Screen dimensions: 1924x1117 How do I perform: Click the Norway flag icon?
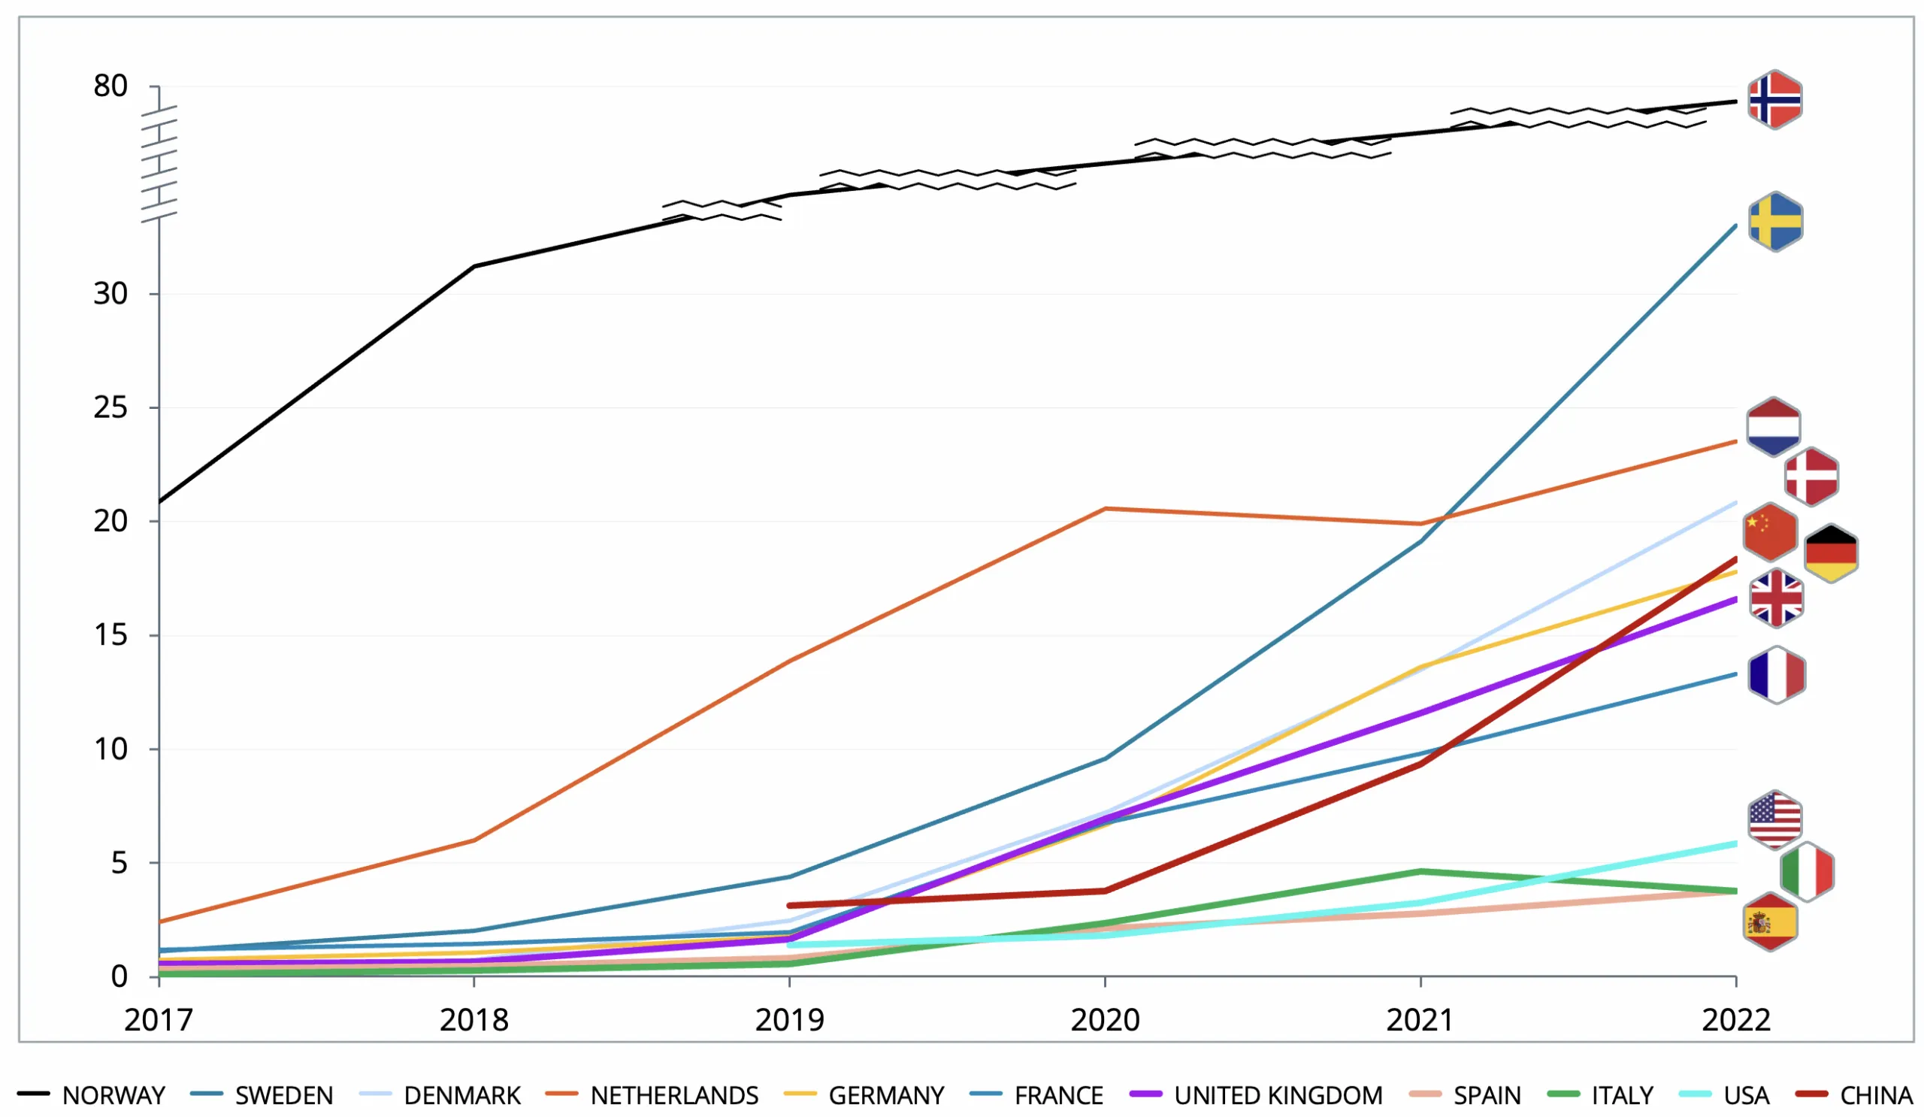point(1775,100)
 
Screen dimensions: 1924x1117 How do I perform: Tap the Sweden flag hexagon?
point(1775,222)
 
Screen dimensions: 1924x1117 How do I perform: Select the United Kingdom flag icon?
point(1776,598)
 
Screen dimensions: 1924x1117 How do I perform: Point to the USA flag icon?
point(1775,820)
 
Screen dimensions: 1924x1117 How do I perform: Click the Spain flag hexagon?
point(1770,922)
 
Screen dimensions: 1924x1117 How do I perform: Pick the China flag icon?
point(1770,532)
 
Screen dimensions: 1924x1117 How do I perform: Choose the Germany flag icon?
point(1831,552)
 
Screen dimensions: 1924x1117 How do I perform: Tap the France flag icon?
point(1777,675)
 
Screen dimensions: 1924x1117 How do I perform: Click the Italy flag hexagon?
point(1807,872)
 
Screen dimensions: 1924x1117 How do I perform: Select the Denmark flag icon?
point(1811,477)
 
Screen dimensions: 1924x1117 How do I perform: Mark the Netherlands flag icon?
point(1773,427)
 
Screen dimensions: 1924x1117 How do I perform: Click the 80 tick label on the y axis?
point(110,86)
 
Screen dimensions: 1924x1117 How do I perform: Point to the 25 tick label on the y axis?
point(110,407)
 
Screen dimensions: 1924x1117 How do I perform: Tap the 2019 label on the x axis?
point(789,1020)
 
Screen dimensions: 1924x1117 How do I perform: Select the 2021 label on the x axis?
point(1420,1020)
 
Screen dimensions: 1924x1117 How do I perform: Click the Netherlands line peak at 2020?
point(1105,508)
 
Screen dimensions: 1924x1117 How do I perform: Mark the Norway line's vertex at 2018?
point(474,266)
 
